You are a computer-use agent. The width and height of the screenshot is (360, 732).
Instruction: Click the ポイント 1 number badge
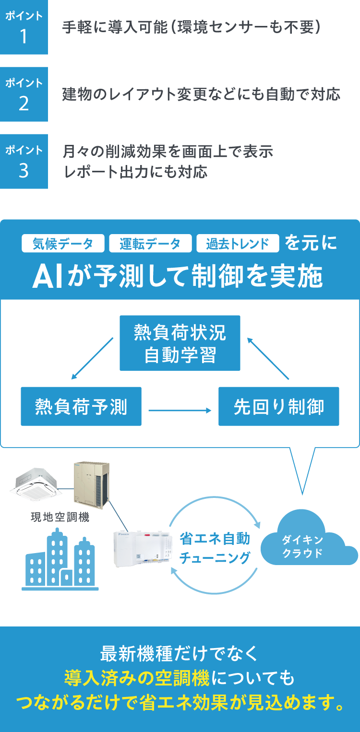(24, 27)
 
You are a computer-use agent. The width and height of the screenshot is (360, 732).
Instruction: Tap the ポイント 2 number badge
(24, 94)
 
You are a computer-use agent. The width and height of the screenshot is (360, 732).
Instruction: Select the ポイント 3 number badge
(24, 162)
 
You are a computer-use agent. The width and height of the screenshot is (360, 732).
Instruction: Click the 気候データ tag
(63, 244)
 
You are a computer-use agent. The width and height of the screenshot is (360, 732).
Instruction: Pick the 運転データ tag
(150, 244)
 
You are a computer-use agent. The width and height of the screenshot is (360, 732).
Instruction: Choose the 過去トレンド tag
(238, 244)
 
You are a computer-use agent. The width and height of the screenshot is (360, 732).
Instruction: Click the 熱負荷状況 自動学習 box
(180, 343)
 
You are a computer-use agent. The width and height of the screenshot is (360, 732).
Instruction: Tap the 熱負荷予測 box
(81, 406)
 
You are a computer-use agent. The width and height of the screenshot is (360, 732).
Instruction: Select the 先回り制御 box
(278, 406)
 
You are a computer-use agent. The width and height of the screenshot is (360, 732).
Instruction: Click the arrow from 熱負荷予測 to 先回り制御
(180, 411)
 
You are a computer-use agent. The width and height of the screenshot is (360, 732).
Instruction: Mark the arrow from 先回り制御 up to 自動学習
(269, 359)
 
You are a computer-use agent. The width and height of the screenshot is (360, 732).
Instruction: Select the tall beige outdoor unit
(91, 484)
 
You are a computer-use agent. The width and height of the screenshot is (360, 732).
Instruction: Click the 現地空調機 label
(60, 518)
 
